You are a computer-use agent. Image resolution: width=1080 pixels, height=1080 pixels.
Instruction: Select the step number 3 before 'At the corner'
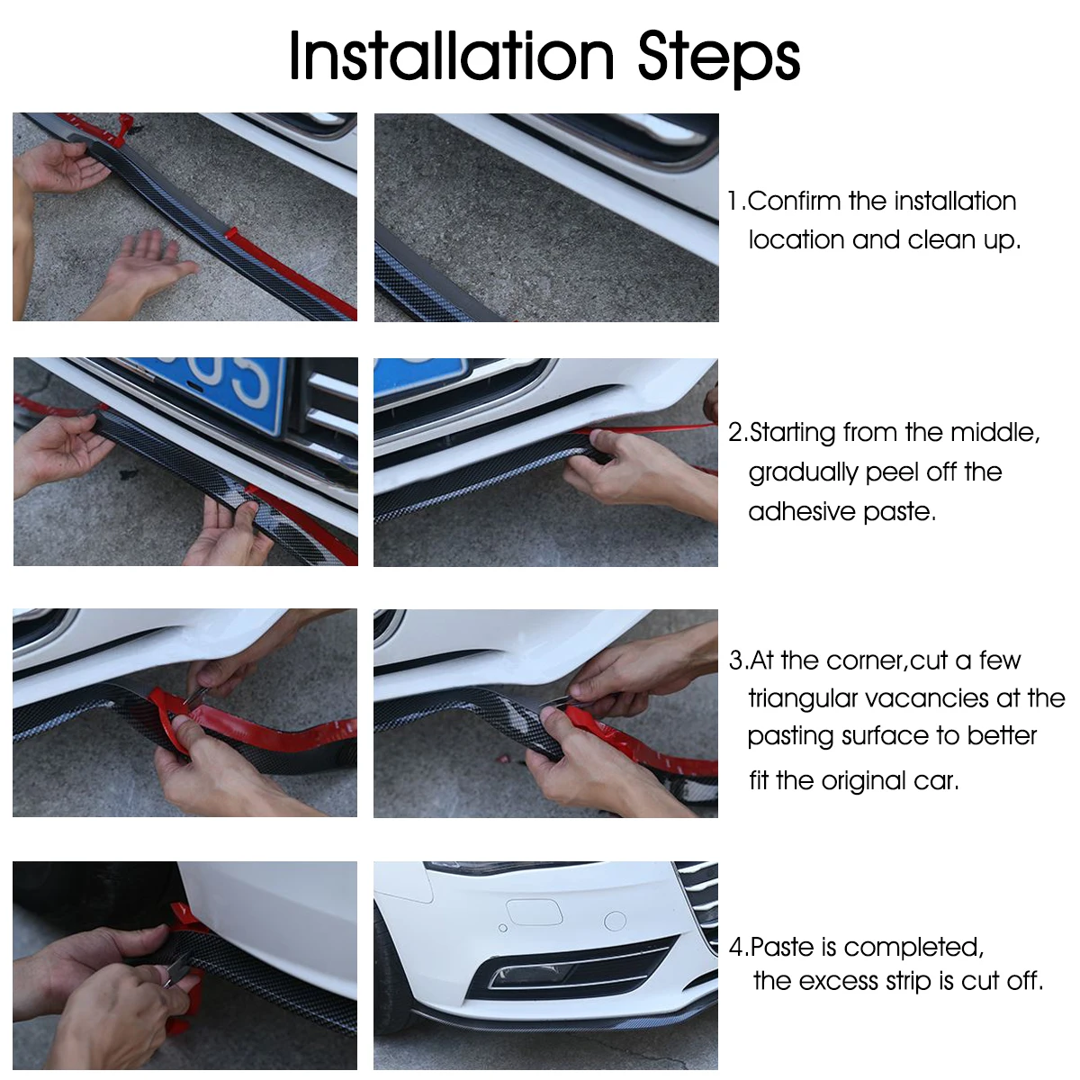[735, 661]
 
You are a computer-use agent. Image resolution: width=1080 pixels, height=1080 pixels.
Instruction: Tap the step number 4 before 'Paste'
[736, 947]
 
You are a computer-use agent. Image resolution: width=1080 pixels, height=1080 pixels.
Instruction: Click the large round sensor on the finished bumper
[616, 920]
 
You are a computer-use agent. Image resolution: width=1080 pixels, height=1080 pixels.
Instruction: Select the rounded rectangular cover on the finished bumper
[535, 912]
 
